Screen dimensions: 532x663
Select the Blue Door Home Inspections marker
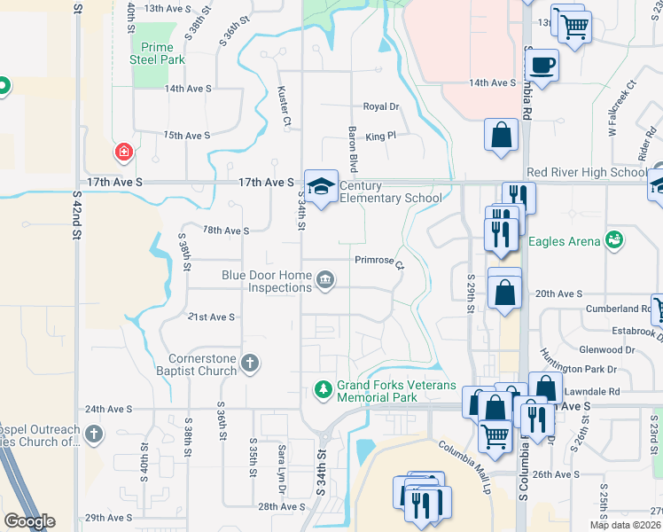325,280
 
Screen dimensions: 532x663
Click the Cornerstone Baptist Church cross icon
251,362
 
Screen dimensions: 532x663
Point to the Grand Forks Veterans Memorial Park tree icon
324,388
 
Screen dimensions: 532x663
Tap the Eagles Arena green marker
612,239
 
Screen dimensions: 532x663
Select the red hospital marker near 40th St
123,152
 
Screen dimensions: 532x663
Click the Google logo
29,521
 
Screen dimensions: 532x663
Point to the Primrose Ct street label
379,262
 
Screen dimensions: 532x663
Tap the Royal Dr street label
381,106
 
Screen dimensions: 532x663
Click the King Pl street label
380,137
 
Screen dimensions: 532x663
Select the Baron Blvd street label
353,149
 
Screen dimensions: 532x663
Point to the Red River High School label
586,172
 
